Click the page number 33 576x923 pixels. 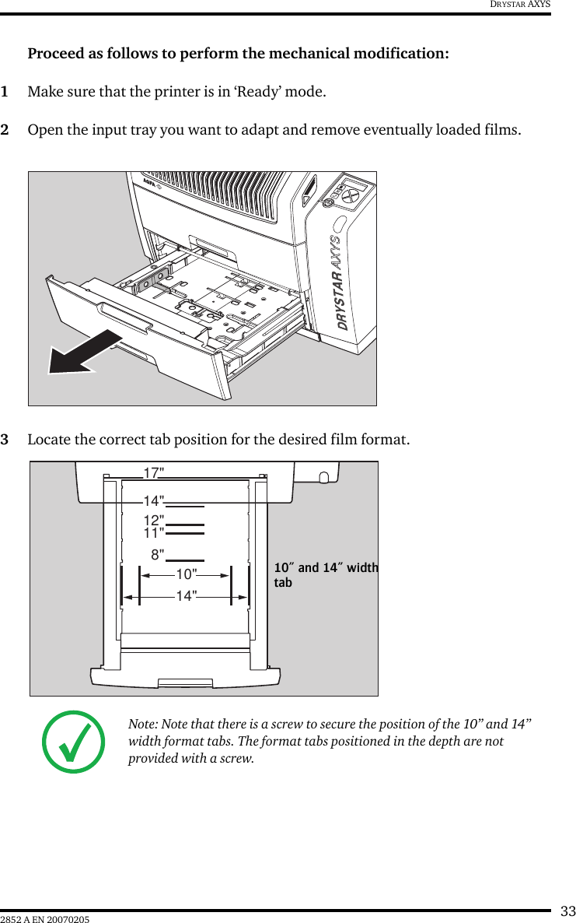(x=568, y=911)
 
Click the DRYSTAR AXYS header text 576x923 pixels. (x=519, y=5)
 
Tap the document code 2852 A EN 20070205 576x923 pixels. (x=45, y=920)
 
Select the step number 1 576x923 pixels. (x=5, y=93)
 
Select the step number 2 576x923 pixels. (x=5, y=129)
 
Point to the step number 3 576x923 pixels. (x=5, y=440)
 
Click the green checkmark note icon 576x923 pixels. (x=75, y=742)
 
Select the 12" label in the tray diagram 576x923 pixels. (x=153, y=520)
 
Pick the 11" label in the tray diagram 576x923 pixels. (x=153, y=533)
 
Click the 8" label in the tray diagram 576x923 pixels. (x=158, y=555)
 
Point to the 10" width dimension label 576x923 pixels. (x=186, y=574)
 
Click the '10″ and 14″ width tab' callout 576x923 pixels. (x=325, y=574)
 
